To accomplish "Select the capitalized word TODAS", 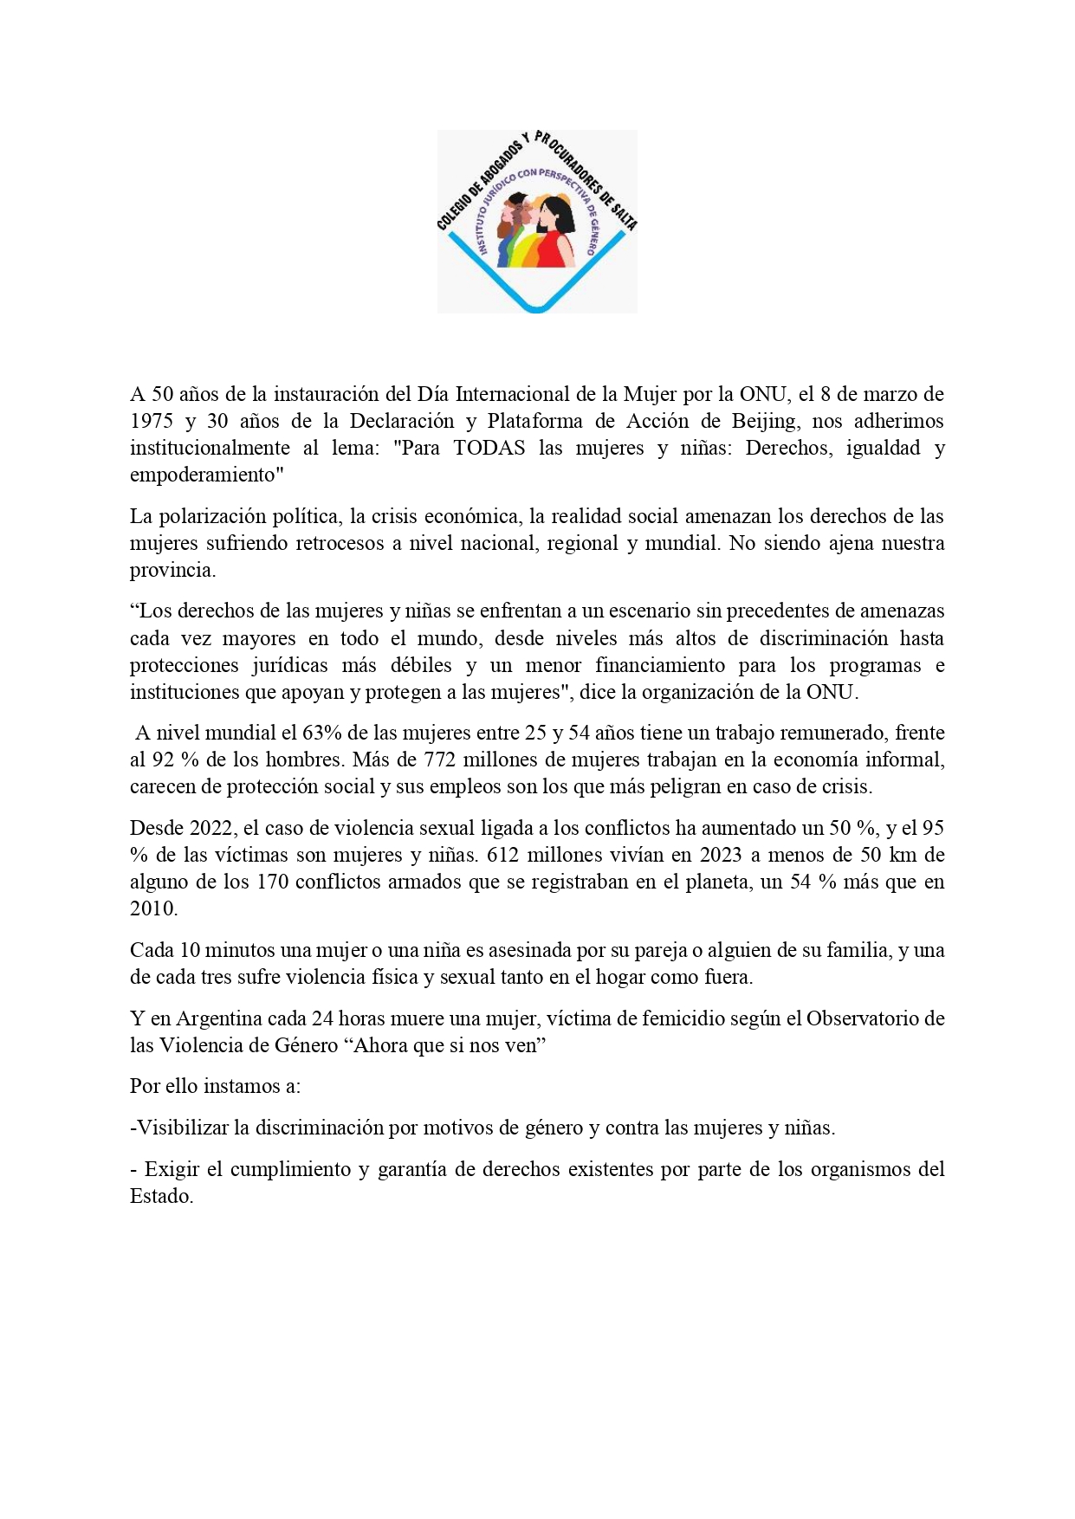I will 489,449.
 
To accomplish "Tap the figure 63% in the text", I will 321,734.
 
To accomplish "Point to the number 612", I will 502,856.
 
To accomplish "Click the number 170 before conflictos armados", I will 273,882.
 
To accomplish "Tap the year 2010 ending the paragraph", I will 152,909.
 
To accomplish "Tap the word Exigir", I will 172,1170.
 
